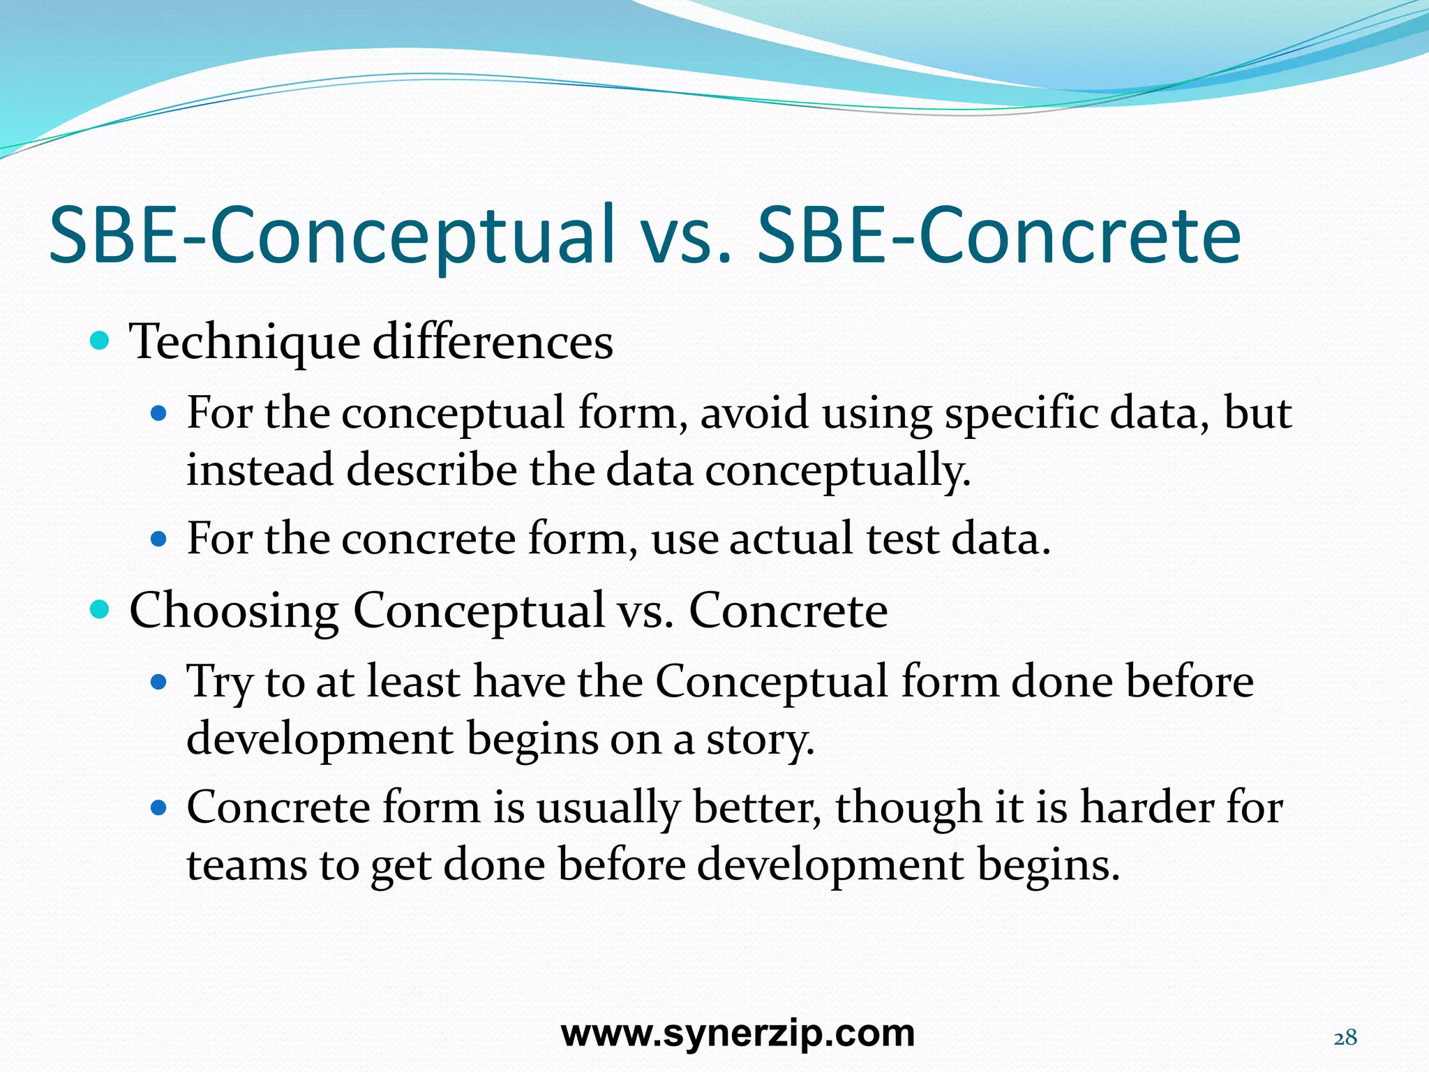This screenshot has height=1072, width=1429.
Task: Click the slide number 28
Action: (x=1345, y=1038)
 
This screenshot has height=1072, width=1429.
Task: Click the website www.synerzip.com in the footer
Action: (x=738, y=1033)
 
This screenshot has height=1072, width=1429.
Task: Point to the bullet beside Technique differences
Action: (x=100, y=341)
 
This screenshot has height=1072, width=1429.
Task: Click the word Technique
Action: (x=244, y=343)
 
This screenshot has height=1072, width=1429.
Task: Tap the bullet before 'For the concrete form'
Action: (x=160, y=539)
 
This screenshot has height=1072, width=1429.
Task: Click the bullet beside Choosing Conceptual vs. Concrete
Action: (x=100, y=609)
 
